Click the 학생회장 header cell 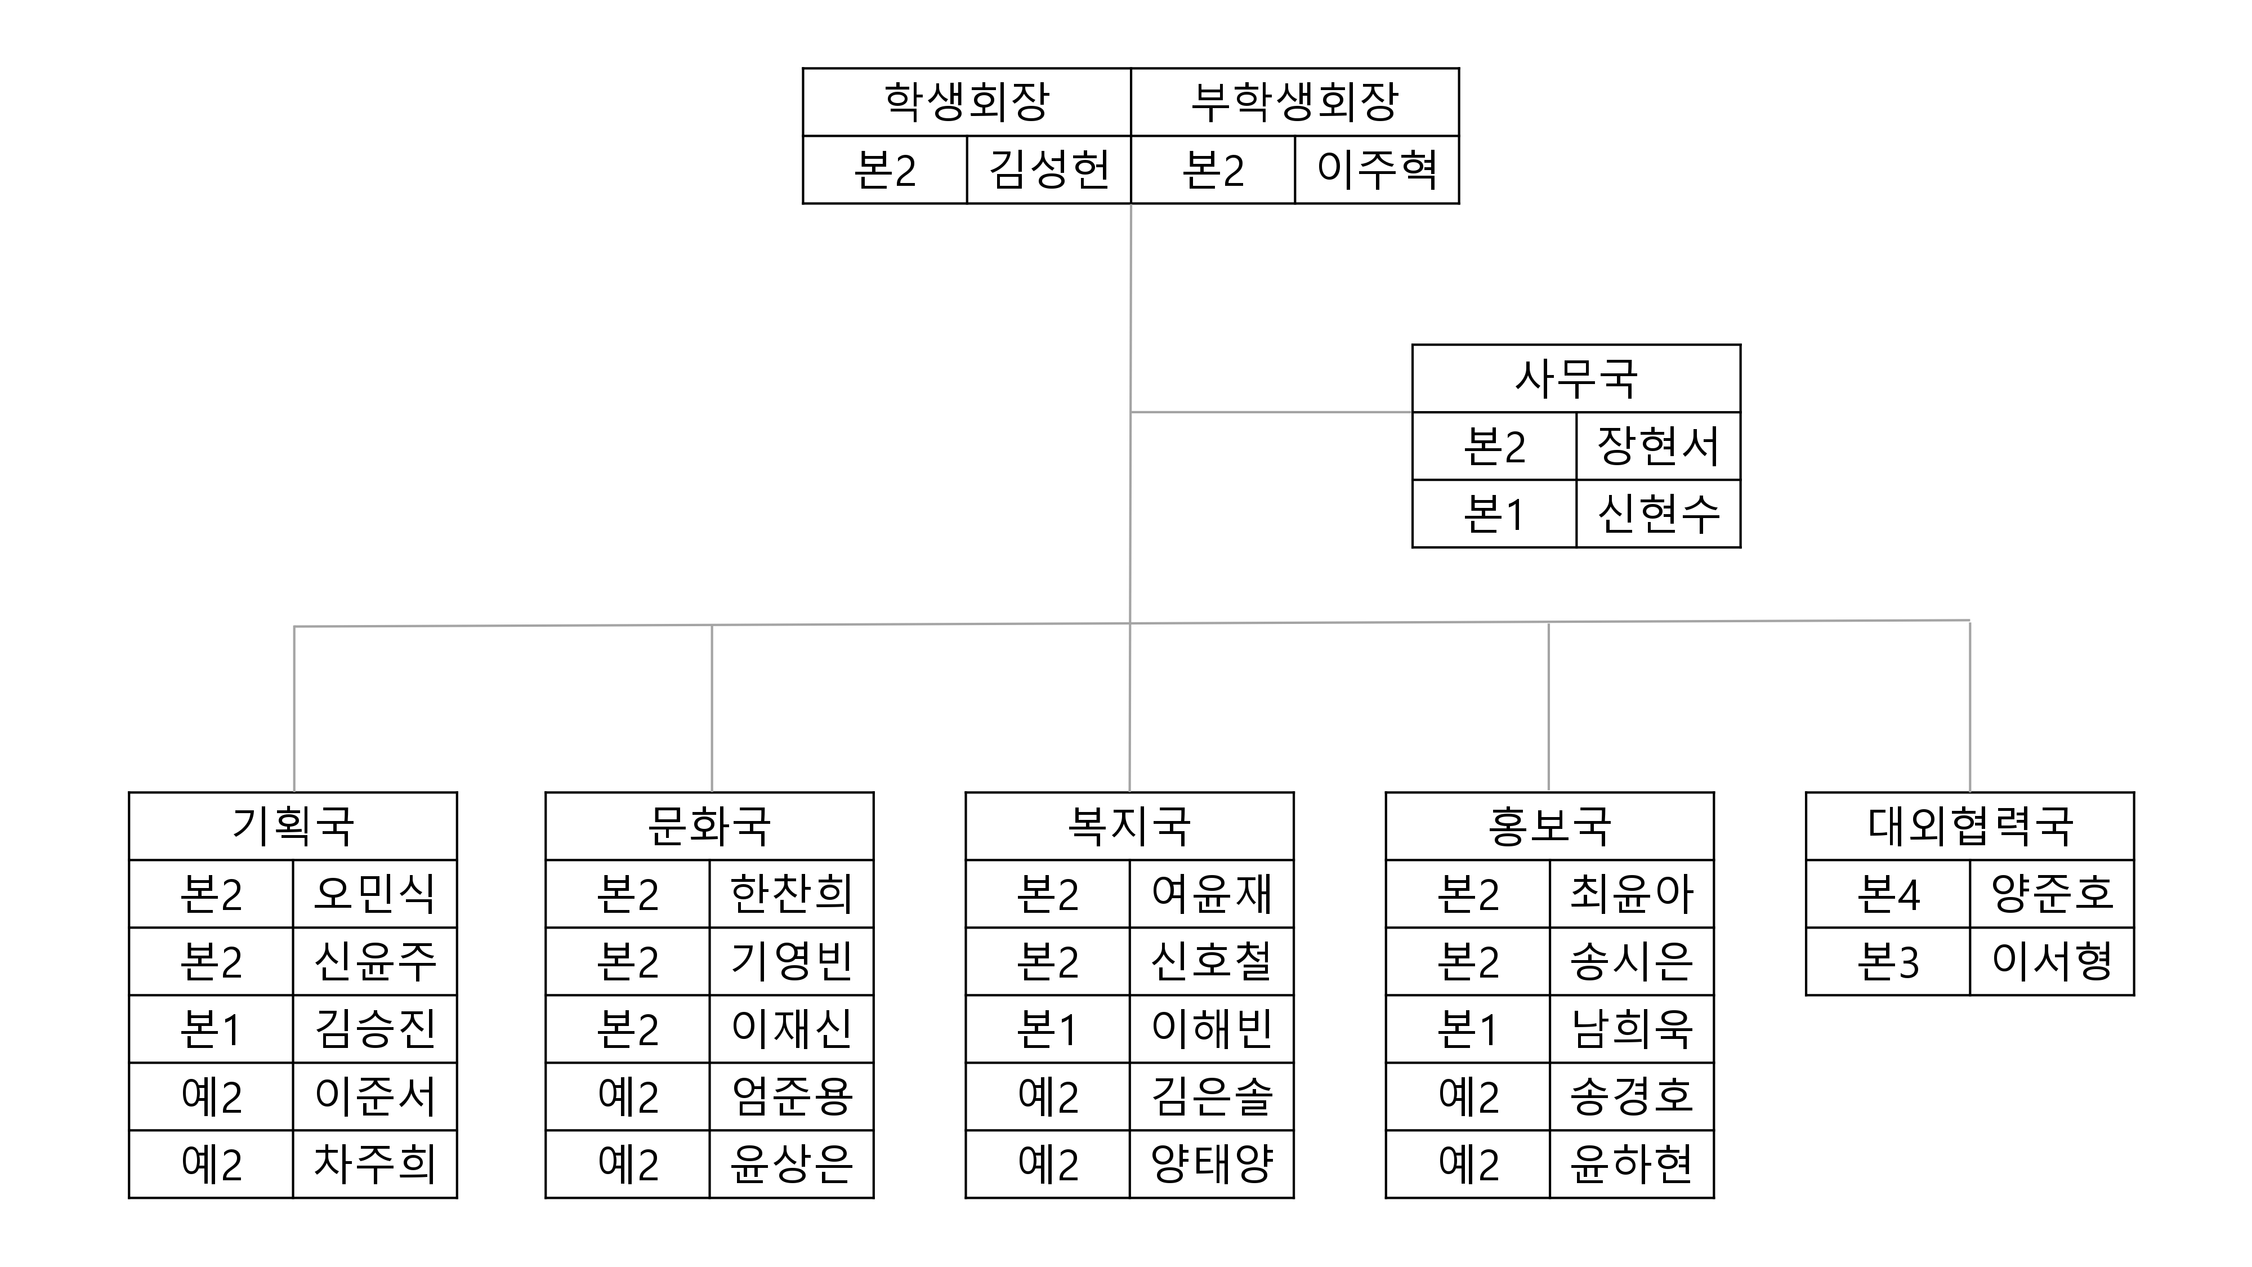point(966,102)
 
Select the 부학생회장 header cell point(1295,102)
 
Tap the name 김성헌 point(1049,169)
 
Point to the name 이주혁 point(1377,169)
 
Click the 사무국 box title point(1576,378)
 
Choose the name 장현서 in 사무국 point(1659,446)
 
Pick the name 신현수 point(1659,513)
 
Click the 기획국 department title point(293,826)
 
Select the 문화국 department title point(709,826)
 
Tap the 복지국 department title point(1129,826)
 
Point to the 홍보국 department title point(1550,826)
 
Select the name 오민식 point(375,894)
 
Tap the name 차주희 point(375,1164)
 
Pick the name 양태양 point(1212,1164)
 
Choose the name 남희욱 point(1632,1029)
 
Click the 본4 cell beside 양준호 point(1888,894)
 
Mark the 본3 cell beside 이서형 point(1888,962)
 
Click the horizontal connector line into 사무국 point(1271,412)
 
